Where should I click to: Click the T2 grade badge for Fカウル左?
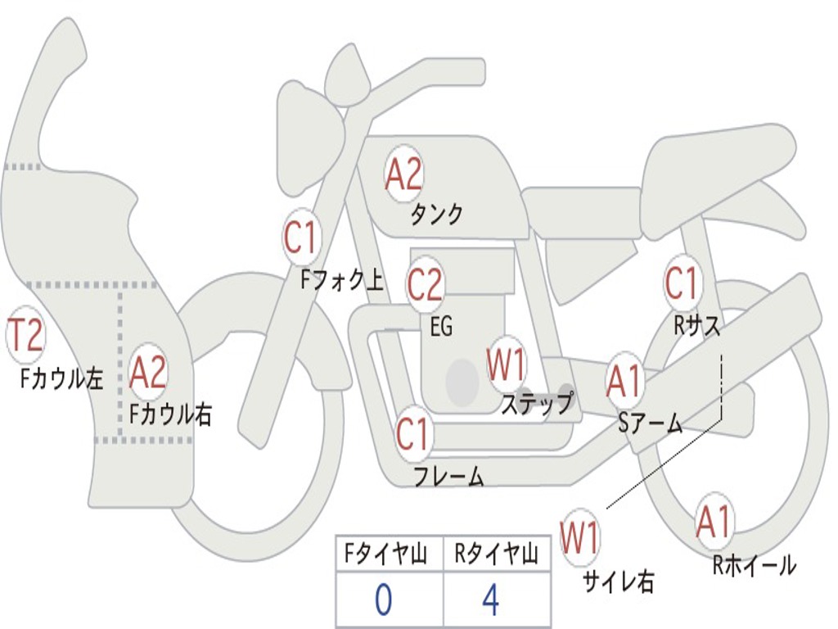(25, 336)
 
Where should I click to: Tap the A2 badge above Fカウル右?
(148, 373)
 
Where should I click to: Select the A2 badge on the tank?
(403, 174)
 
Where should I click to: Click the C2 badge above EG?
(425, 285)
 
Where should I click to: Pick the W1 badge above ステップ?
(507, 365)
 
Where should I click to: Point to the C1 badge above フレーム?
(412, 433)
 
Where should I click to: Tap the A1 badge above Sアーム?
(625, 382)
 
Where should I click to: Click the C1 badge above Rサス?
(682, 283)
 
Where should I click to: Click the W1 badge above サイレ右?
(579, 538)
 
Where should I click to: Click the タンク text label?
(436, 215)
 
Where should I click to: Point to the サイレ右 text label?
(618, 581)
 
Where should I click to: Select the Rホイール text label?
(754, 565)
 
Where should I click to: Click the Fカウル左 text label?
(62, 378)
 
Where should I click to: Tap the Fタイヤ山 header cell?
(389, 555)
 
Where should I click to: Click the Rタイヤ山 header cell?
(496, 555)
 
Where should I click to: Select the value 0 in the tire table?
(383, 601)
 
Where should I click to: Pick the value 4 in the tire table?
(490, 601)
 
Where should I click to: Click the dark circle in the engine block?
(462, 380)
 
